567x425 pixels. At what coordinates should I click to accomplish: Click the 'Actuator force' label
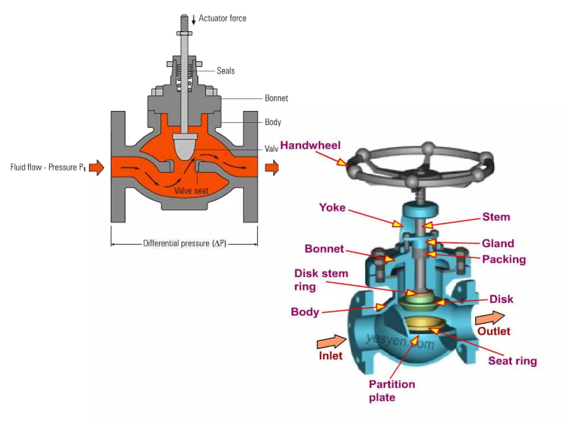[222, 18]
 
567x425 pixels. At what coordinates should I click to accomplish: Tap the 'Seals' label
[226, 71]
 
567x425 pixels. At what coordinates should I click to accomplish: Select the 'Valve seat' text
[191, 191]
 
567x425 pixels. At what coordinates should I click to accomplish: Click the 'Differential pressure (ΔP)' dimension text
[184, 243]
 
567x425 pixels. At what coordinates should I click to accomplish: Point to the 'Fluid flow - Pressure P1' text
[48, 167]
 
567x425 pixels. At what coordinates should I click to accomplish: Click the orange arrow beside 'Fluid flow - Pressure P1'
[97, 167]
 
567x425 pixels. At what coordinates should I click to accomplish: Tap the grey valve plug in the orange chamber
[184, 147]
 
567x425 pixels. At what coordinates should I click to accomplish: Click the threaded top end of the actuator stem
[184, 22]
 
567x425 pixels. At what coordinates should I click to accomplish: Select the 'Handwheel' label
[310, 146]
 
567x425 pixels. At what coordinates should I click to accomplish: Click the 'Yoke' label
[332, 208]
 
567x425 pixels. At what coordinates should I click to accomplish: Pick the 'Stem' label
[496, 217]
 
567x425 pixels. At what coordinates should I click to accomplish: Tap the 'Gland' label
[498, 243]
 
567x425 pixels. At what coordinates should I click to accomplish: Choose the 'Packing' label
[504, 259]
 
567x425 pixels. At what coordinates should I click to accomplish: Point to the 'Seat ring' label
[512, 361]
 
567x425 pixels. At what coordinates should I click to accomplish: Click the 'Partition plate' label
[392, 391]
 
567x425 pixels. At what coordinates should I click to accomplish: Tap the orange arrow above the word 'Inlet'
[331, 342]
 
